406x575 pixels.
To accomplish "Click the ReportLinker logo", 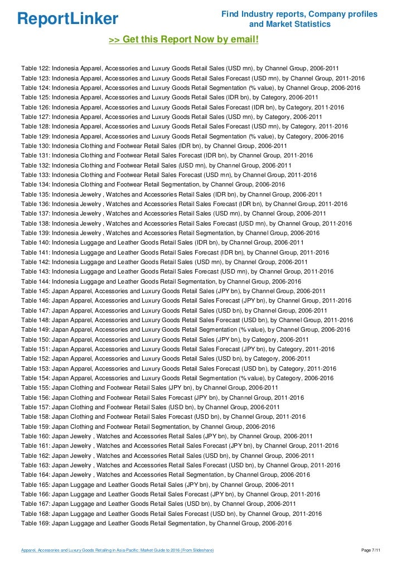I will click(x=67, y=19).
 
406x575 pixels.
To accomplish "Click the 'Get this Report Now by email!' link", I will click(x=183, y=40).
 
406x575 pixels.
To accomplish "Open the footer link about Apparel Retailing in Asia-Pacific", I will click(x=117, y=551).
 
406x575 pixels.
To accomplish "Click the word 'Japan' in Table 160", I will click(x=61, y=436).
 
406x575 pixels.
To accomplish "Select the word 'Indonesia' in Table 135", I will click(x=66, y=194).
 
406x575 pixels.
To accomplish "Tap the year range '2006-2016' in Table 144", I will click(x=287, y=281).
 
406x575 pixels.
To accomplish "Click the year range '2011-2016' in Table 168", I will click(x=307, y=514).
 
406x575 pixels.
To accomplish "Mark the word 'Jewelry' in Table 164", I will click(x=81, y=475).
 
